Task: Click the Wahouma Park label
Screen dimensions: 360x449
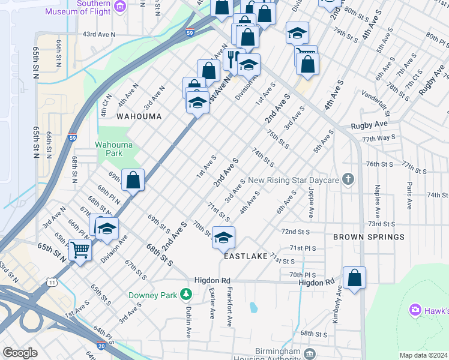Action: (109, 149)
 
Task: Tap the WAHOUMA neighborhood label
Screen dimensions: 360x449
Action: (139, 116)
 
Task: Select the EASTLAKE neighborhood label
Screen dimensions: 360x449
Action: (246, 256)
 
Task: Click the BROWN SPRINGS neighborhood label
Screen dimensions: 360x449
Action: (369, 237)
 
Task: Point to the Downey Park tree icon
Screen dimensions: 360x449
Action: (187, 295)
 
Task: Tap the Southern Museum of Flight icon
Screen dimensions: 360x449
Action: (121, 7)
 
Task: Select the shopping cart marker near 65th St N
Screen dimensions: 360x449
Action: (80, 249)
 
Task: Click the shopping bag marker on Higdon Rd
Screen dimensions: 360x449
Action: (354, 278)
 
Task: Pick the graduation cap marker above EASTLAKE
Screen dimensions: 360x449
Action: (223, 238)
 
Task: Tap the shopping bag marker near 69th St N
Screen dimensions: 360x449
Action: (133, 179)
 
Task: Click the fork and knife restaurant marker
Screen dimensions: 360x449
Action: (231, 58)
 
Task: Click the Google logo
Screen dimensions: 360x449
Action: (20, 353)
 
